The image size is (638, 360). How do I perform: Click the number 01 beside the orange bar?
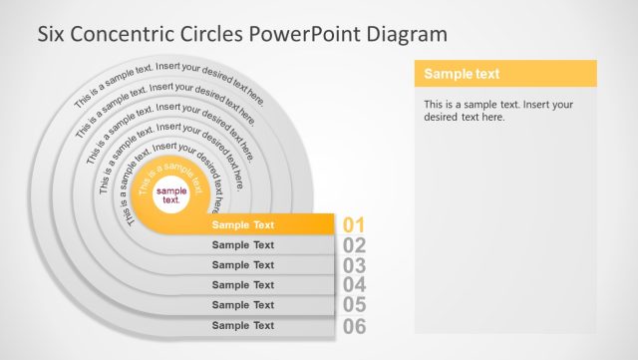pyautogui.click(x=355, y=225)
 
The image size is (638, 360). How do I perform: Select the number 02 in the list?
pyautogui.click(x=355, y=245)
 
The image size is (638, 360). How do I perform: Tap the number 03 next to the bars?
pyautogui.click(x=355, y=265)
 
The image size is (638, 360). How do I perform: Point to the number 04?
pyautogui.click(x=355, y=285)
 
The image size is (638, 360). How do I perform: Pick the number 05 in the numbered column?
pyautogui.click(x=355, y=305)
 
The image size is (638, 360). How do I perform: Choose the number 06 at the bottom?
pyautogui.click(x=355, y=326)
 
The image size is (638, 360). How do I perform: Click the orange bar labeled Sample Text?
pyautogui.click(x=243, y=225)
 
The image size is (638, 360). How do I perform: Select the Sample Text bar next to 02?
pyautogui.click(x=243, y=245)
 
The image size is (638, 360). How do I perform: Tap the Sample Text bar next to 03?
pyautogui.click(x=243, y=265)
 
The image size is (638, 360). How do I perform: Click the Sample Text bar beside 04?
pyautogui.click(x=243, y=285)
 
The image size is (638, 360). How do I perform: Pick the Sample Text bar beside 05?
pyautogui.click(x=243, y=305)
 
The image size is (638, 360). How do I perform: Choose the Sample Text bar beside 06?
pyautogui.click(x=243, y=325)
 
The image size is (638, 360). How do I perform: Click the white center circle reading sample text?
pyautogui.click(x=171, y=194)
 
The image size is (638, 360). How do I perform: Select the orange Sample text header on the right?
pyautogui.click(x=504, y=74)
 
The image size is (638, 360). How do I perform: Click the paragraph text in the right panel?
pyautogui.click(x=497, y=110)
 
